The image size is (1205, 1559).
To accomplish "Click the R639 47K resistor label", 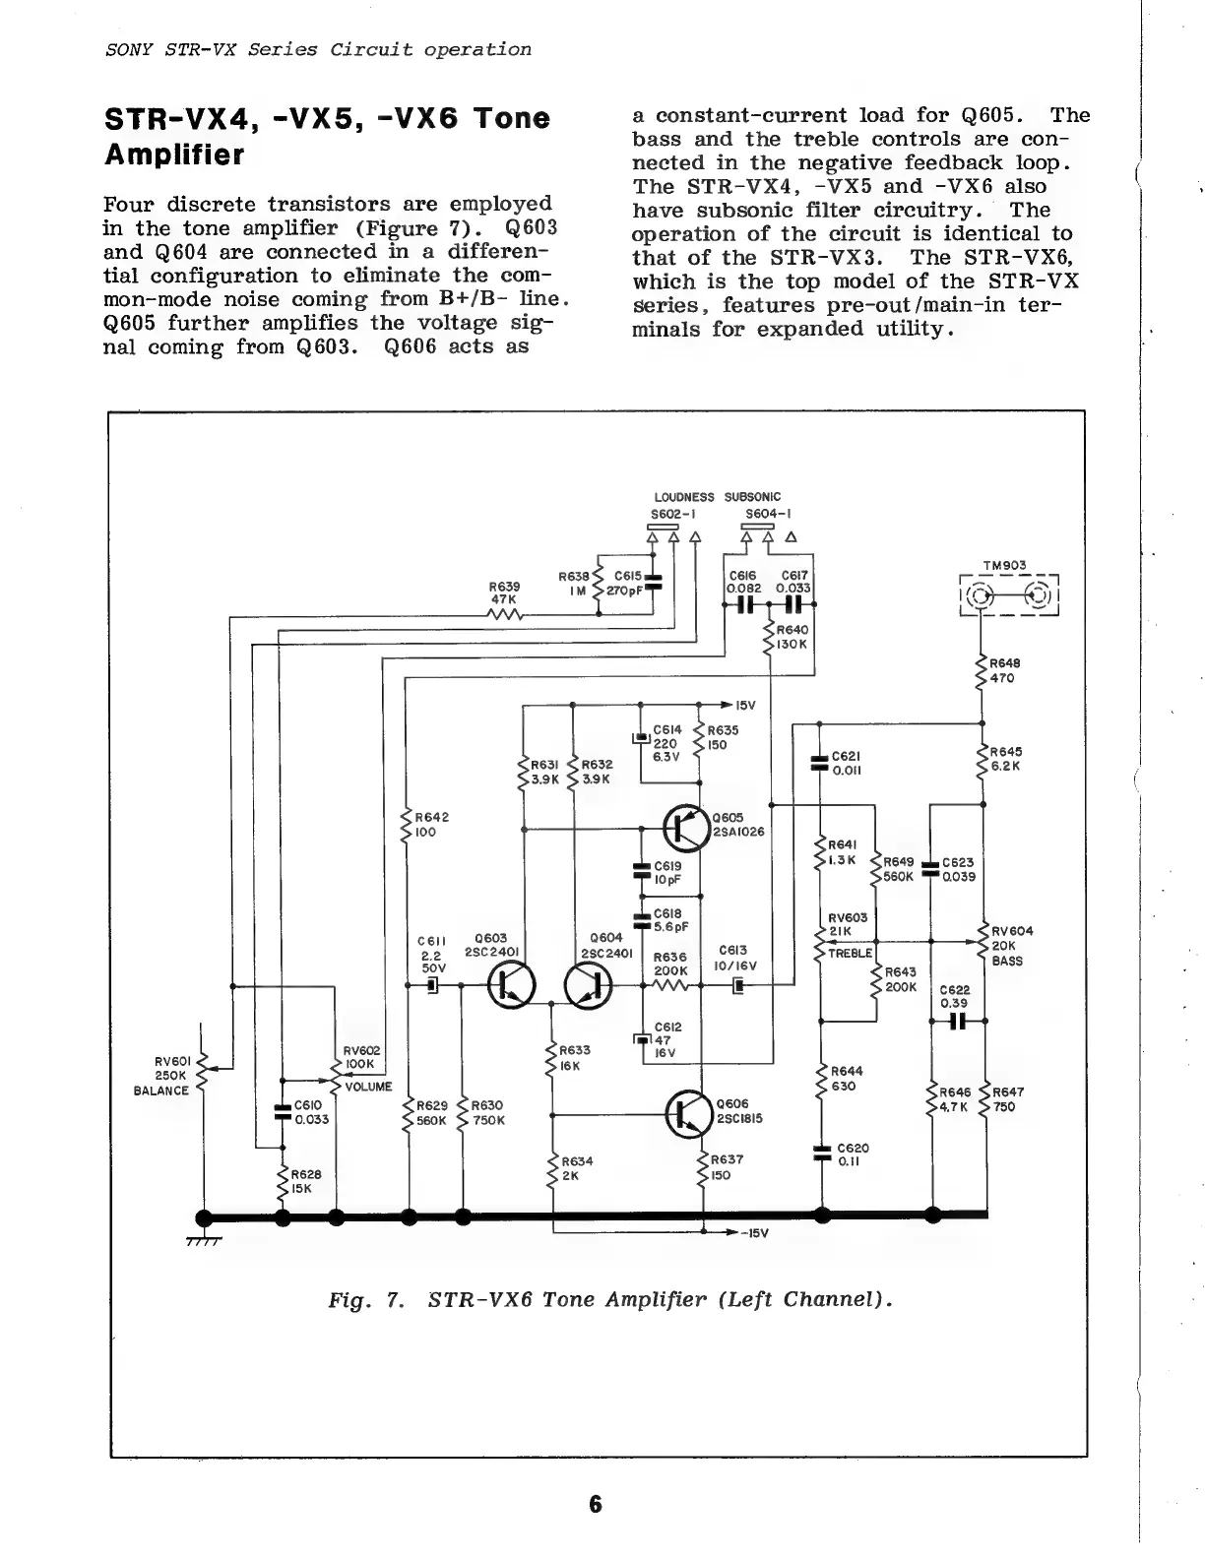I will coord(505,592).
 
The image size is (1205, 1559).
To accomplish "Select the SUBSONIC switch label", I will coord(752,497).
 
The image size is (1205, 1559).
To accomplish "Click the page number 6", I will coord(596,1504).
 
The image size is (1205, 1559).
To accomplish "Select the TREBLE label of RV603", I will coord(850,954).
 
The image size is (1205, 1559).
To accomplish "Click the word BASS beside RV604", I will coord(1007,961).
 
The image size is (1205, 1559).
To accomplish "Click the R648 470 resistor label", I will coord(1001,670).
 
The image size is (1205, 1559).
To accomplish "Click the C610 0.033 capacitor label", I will coord(311,1112).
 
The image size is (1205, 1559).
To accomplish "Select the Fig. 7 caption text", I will coord(610,1299).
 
